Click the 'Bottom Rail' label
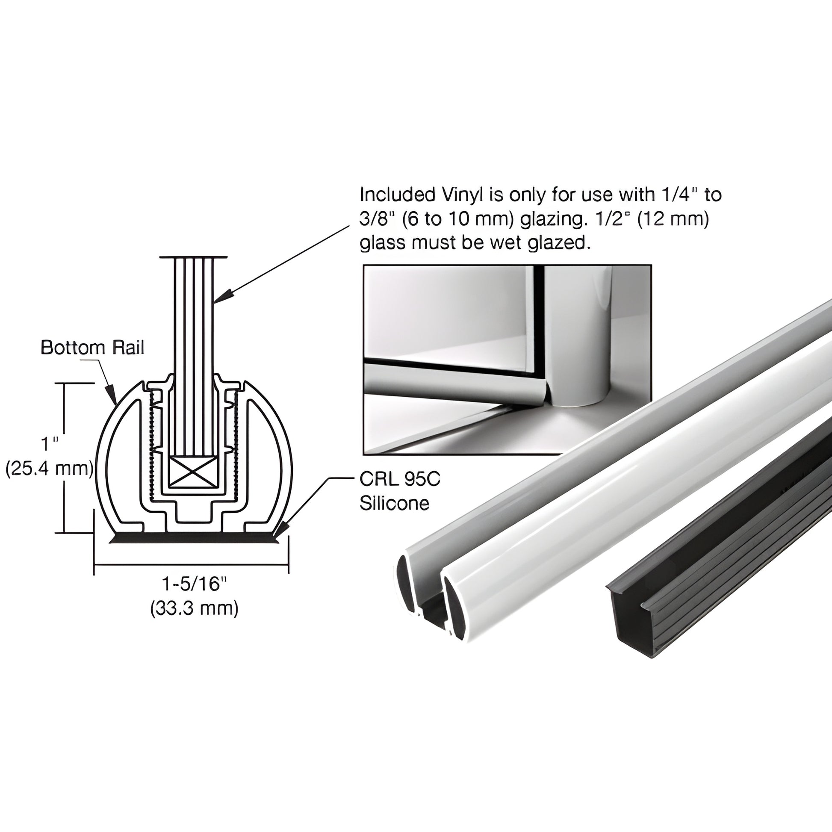[x=92, y=348]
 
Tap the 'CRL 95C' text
[x=400, y=479]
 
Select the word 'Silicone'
[x=395, y=503]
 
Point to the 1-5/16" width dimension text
[x=194, y=584]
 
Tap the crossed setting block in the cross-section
[x=192, y=472]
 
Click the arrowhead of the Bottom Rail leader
[x=113, y=397]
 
